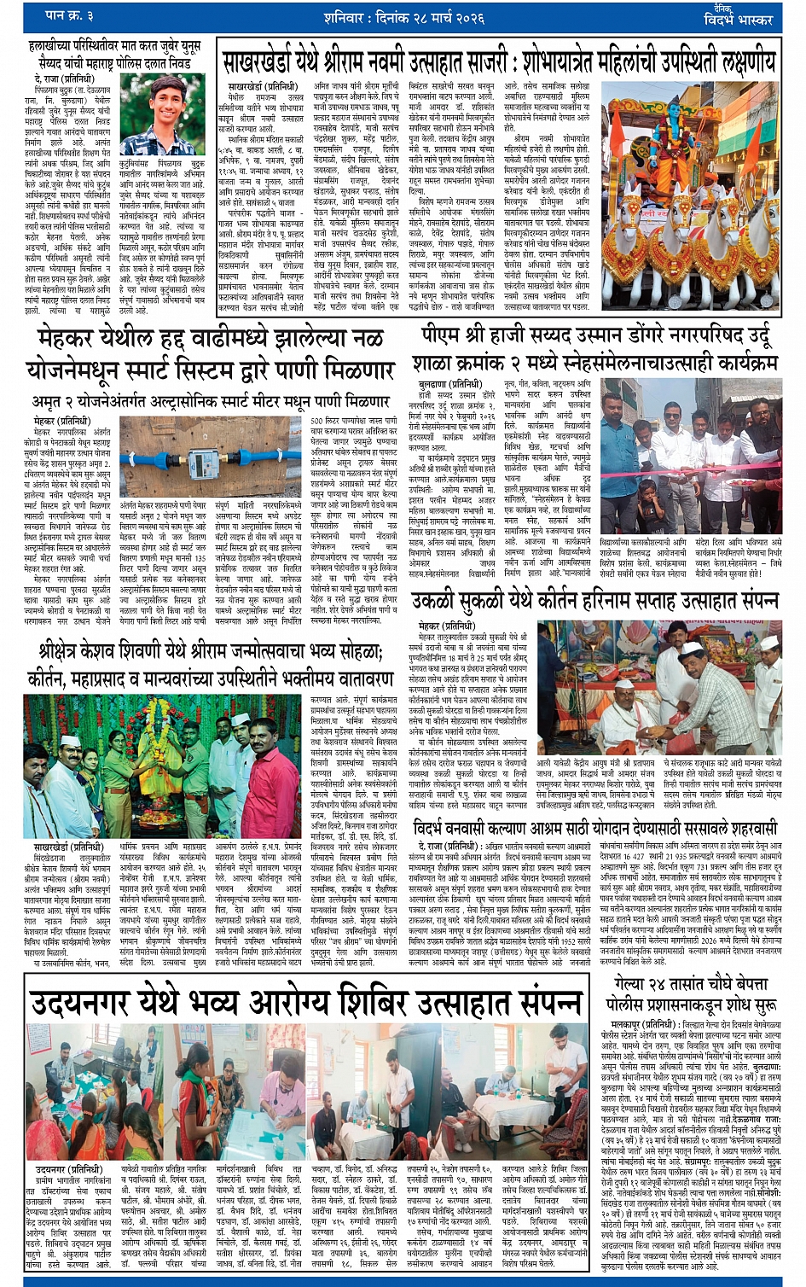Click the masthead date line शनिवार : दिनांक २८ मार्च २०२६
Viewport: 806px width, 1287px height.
[400, 15]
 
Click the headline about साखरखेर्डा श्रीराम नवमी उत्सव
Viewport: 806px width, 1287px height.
[499, 62]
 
